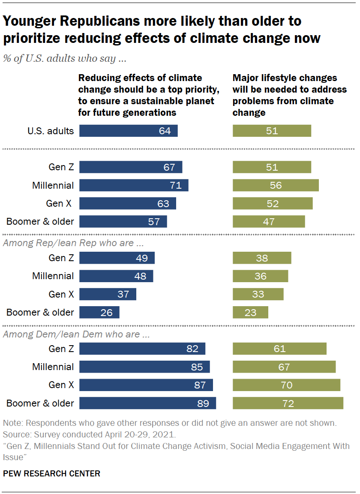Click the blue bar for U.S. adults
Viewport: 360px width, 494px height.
(x=128, y=131)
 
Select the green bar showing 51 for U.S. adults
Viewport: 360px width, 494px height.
(x=272, y=131)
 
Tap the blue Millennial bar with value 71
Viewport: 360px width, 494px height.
(x=134, y=185)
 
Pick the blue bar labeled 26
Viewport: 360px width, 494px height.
(x=99, y=312)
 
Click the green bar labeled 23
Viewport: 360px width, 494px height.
(x=250, y=312)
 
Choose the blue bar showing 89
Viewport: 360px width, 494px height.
(x=147, y=403)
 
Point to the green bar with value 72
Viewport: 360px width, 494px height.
(x=288, y=403)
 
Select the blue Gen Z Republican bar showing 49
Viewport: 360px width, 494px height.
(x=117, y=258)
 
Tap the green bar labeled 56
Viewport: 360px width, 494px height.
(x=276, y=185)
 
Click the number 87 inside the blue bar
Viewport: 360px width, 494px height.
(x=200, y=385)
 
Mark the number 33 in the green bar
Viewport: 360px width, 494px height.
(x=258, y=294)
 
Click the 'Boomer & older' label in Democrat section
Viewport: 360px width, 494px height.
(x=40, y=403)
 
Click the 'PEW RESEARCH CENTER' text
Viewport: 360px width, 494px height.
(x=51, y=473)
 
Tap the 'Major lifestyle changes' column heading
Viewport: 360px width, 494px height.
(x=285, y=78)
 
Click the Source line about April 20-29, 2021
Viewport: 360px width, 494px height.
(x=89, y=434)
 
